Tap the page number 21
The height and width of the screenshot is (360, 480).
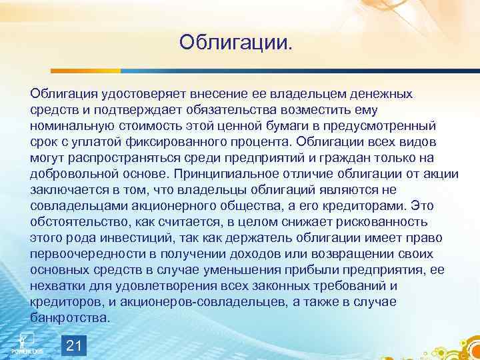coord(74,344)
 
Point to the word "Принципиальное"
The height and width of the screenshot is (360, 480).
coord(221,173)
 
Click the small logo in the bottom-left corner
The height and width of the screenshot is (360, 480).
coord(27,342)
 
